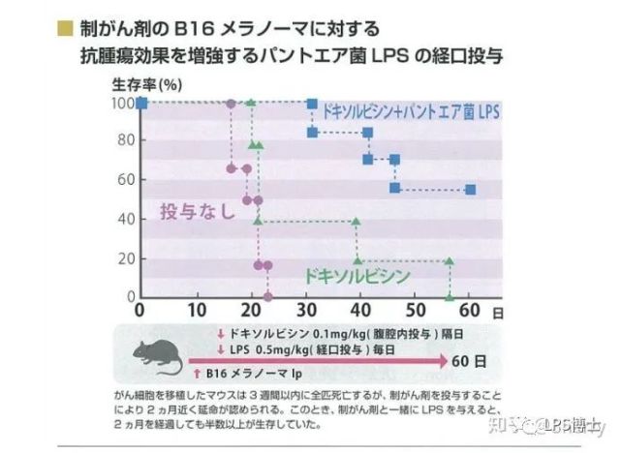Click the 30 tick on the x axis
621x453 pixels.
(307, 309)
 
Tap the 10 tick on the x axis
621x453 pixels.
(197, 309)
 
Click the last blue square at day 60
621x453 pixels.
(470, 190)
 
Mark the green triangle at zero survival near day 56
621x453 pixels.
(449, 296)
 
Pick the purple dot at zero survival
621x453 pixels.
(267, 296)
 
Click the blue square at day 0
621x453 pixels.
(141, 103)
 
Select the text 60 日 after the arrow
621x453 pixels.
(470, 360)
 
